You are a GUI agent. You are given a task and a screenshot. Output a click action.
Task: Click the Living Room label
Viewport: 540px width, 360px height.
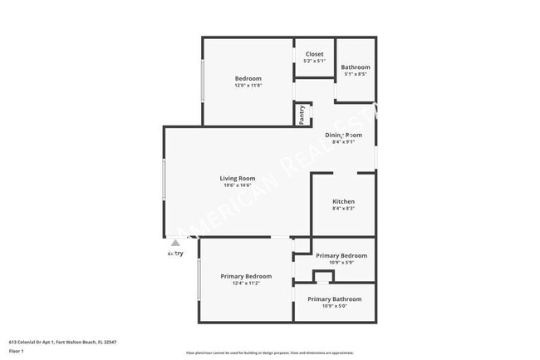(237, 179)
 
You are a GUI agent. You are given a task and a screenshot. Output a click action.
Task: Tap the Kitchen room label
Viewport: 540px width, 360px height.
(343, 202)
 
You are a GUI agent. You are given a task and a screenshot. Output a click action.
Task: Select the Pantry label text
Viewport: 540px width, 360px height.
(302, 114)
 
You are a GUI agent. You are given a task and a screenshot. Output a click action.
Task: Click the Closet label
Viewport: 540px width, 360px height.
(314, 54)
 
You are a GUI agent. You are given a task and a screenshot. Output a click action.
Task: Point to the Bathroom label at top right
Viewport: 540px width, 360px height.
(355, 67)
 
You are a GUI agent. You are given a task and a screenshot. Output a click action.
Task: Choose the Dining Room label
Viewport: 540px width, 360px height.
(343, 135)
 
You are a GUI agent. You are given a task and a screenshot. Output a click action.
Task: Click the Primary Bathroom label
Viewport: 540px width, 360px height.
(334, 299)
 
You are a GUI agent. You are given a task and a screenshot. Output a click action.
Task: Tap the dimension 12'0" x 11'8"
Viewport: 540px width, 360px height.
(248, 86)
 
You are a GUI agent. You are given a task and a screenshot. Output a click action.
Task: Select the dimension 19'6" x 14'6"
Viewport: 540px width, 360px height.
(238, 185)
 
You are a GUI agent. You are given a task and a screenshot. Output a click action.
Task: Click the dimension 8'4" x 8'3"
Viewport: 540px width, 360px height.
(343, 209)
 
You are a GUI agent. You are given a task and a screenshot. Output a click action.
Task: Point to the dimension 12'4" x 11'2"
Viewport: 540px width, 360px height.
(245, 284)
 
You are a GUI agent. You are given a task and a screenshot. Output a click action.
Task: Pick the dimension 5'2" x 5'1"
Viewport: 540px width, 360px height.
(314, 61)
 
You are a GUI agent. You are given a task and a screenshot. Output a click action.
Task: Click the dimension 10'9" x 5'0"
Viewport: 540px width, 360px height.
(334, 306)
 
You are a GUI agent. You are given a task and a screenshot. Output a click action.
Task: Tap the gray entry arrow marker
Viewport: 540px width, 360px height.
(175, 244)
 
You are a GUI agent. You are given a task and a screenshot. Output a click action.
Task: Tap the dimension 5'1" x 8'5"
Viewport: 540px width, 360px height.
(355, 74)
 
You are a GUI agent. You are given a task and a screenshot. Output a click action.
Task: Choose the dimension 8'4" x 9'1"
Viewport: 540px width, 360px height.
(343, 141)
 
